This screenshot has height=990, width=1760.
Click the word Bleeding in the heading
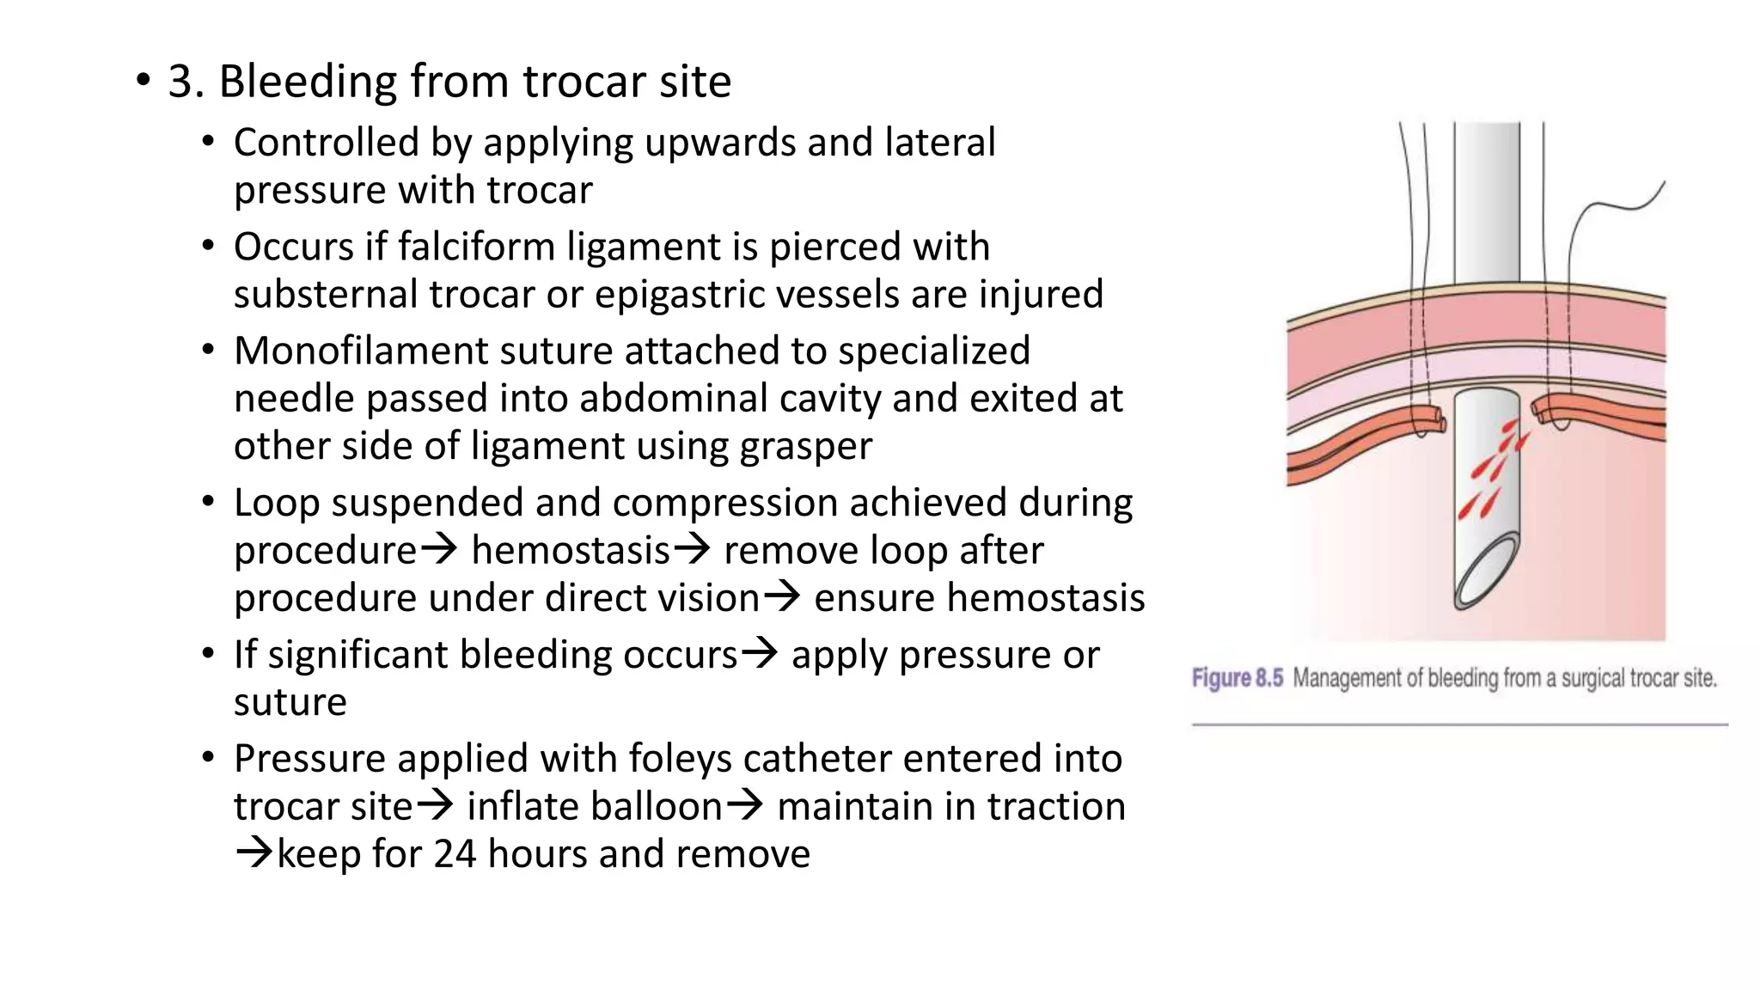tap(307, 82)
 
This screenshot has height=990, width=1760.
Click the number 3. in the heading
tap(186, 82)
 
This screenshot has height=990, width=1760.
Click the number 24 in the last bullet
tap(455, 854)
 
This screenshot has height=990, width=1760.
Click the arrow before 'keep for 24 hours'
tap(254, 853)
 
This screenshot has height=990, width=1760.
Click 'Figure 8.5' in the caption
tap(1237, 679)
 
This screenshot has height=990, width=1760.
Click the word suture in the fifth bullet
tap(290, 703)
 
